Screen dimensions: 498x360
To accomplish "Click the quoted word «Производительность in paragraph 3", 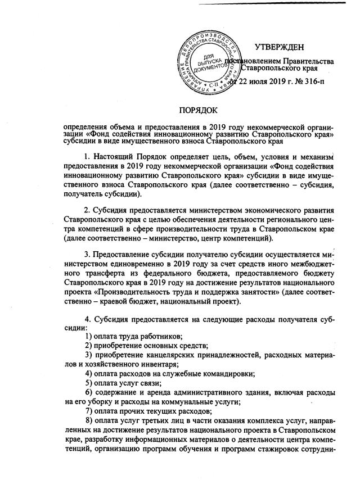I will pos(131,293).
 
